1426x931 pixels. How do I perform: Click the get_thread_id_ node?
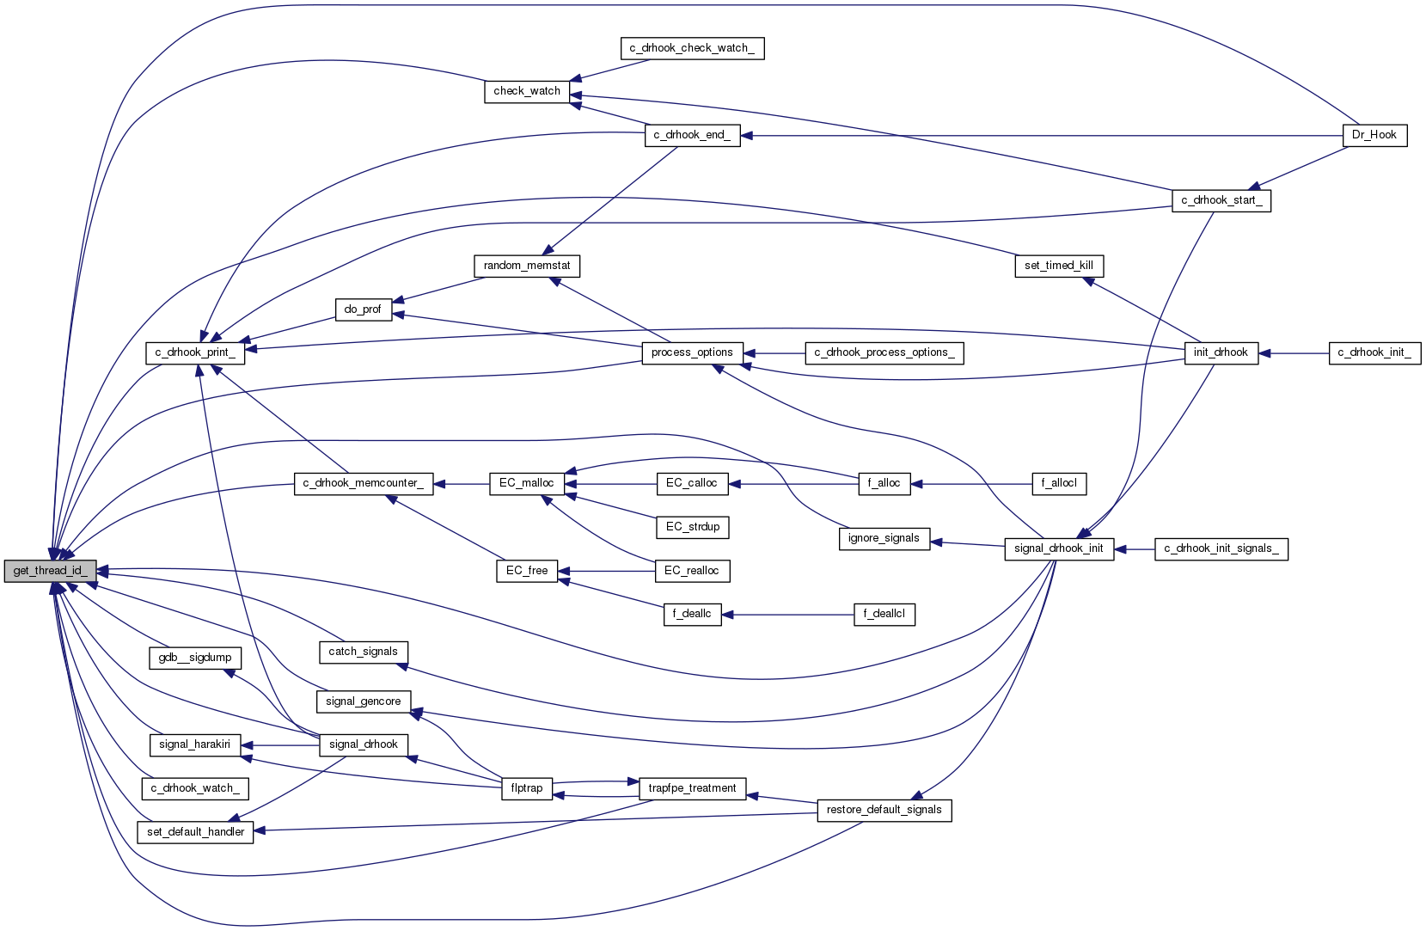pyautogui.click(x=50, y=571)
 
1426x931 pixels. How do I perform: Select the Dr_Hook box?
pyautogui.click(x=1374, y=135)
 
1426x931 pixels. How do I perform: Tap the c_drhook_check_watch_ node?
pyautogui.click(x=691, y=48)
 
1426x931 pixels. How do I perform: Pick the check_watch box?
pyautogui.click(x=526, y=91)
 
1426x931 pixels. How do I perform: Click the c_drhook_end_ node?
pyautogui.click(x=691, y=135)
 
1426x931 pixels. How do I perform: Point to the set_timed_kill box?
pyautogui.click(x=1058, y=266)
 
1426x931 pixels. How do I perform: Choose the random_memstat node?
pyautogui.click(x=526, y=266)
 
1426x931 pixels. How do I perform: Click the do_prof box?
pyautogui.click(x=362, y=309)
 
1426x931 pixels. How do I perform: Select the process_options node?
pyautogui.click(x=691, y=352)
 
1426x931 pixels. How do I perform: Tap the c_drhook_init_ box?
pyautogui.click(x=1374, y=352)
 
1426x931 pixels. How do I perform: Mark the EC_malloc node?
pyautogui.click(x=526, y=483)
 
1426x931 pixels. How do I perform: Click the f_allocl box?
pyautogui.click(x=1058, y=483)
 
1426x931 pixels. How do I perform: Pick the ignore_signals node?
pyautogui.click(x=883, y=538)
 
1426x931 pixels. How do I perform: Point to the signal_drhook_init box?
pyautogui.click(x=1058, y=548)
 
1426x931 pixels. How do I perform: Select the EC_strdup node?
pyautogui.click(x=692, y=527)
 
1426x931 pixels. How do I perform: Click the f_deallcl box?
pyautogui.click(x=884, y=614)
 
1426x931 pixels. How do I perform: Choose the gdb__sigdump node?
pyautogui.click(x=195, y=658)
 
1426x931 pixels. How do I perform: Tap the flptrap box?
pyautogui.click(x=526, y=788)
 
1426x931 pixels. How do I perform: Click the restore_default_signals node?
pyautogui.click(x=884, y=810)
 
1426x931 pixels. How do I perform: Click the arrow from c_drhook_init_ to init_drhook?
pyautogui.click(x=1294, y=352)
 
